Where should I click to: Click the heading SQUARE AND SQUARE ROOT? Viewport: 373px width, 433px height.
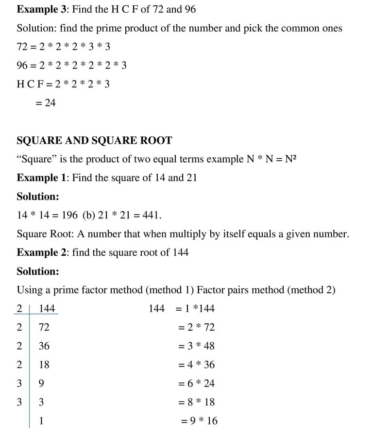(94, 141)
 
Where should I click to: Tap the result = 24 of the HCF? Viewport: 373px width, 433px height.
(46, 103)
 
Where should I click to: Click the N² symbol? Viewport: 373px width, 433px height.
(290, 159)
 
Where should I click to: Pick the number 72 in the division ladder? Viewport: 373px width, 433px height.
(44, 328)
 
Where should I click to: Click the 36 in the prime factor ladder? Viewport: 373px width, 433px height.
(44, 346)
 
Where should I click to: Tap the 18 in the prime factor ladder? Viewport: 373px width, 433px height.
(44, 365)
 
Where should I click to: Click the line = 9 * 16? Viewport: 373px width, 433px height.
(199, 421)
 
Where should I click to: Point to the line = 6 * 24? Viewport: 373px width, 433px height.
(197, 383)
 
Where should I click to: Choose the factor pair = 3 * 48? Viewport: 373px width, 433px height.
(197, 346)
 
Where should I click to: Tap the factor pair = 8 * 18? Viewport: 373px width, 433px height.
(197, 402)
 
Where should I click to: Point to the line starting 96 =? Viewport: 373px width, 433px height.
(71, 66)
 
